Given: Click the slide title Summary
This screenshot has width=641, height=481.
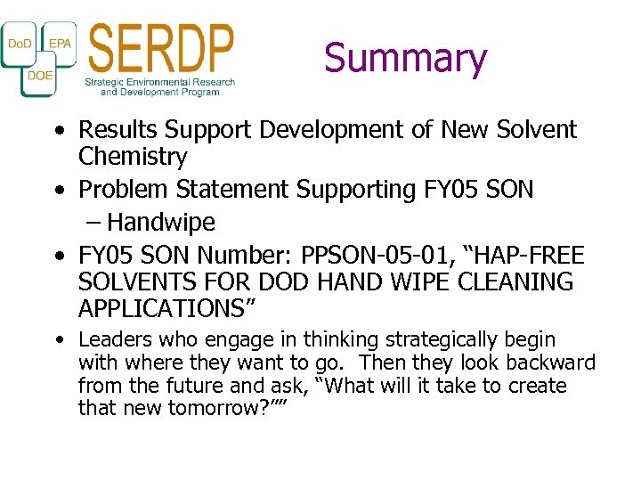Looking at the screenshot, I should click(x=405, y=58).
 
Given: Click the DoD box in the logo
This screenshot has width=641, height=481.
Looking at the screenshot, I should click(x=20, y=44).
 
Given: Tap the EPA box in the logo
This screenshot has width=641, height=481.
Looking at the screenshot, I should click(x=60, y=43).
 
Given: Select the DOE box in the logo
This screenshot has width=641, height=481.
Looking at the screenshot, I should click(x=40, y=76).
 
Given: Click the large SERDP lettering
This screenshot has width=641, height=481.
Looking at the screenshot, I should click(x=161, y=48).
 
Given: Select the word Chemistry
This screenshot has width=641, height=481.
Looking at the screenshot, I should click(x=133, y=158).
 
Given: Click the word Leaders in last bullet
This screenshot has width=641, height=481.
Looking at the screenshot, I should click(x=110, y=340).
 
